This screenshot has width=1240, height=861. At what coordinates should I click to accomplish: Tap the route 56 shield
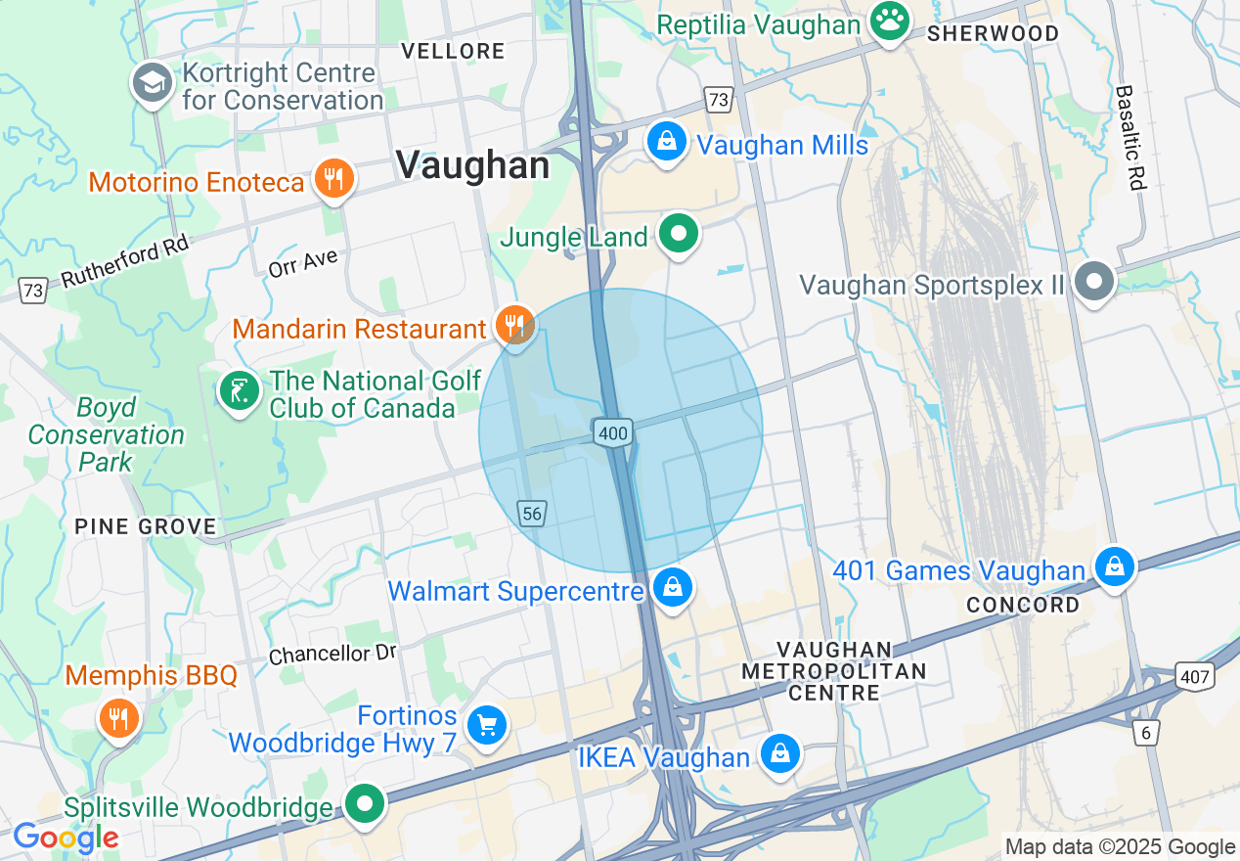[x=532, y=513]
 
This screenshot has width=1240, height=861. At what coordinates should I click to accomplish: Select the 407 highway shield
[x=1195, y=675]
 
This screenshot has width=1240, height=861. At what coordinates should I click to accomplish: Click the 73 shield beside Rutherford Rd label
[x=32, y=291]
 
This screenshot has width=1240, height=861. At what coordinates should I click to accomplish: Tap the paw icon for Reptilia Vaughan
[x=889, y=23]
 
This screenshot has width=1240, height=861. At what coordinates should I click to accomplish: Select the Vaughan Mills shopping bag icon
[x=666, y=144]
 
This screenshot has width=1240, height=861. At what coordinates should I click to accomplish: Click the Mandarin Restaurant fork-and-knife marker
[x=514, y=326]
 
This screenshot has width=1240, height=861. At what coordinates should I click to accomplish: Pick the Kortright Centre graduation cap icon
[x=153, y=84]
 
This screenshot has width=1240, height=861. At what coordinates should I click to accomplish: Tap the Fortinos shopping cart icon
[x=486, y=725]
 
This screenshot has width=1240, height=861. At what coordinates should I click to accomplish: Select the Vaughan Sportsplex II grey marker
[x=1094, y=283]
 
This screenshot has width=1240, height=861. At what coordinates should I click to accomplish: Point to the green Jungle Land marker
[x=678, y=235]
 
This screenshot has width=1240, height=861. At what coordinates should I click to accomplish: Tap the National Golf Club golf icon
[x=239, y=392]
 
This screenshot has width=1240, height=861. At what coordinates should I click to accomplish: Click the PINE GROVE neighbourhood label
[x=146, y=527]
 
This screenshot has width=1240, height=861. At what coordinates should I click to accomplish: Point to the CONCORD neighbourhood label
[x=1023, y=605]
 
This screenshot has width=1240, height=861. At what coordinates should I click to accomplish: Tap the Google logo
[x=65, y=838]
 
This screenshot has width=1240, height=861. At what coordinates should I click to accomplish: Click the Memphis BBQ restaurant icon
[x=118, y=719]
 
